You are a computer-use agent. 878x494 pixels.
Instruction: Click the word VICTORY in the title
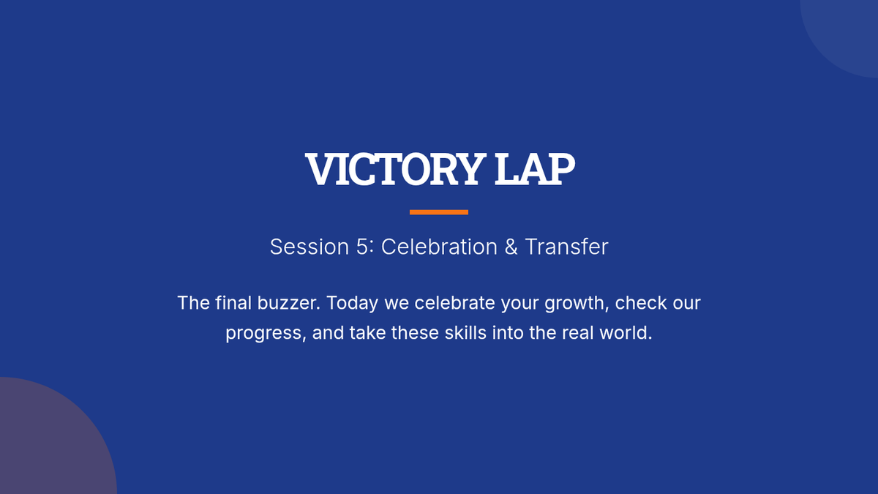pyautogui.click(x=394, y=169)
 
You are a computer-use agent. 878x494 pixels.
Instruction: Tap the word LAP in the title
pyautogui.click(x=535, y=169)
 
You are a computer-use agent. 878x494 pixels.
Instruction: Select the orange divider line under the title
pyautogui.click(x=439, y=212)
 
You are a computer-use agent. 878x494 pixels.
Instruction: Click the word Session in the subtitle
pyautogui.click(x=309, y=247)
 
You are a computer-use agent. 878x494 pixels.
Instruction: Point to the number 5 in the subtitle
pyautogui.click(x=361, y=247)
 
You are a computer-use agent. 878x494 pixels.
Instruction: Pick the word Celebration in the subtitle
pyautogui.click(x=440, y=247)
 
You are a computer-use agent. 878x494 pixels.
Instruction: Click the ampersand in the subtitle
pyautogui.click(x=511, y=247)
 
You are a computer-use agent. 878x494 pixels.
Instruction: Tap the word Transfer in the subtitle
pyautogui.click(x=566, y=247)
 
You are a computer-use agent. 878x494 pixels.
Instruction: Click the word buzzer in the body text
pyautogui.click(x=288, y=303)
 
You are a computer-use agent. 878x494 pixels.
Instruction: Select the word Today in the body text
pyautogui.click(x=353, y=304)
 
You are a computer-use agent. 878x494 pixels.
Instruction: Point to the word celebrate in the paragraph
pyautogui.click(x=454, y=303)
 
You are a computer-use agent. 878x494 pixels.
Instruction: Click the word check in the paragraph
pyautogui.click(x=641, y=303)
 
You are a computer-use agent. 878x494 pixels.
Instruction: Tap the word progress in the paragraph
pyautogui.click(x=266, y=334)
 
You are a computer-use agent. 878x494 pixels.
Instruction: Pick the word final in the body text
pyautogui.click(x=233, y=303)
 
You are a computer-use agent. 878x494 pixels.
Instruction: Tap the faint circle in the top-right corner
pyautogui.click(x=847, y=31)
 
